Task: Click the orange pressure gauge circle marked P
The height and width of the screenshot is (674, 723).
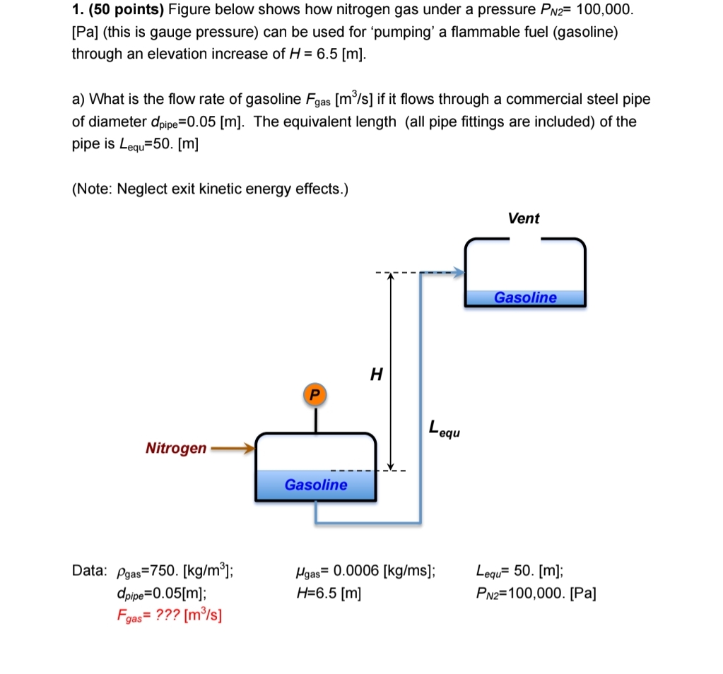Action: point(315,394)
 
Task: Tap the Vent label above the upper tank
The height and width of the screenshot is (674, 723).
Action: point(523,218)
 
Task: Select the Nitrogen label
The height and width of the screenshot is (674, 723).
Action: point(176,448)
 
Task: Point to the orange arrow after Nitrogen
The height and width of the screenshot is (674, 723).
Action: point(232,447)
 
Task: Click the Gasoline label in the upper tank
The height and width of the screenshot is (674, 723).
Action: point(525,297)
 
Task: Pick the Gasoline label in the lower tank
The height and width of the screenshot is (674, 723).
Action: point(316,485)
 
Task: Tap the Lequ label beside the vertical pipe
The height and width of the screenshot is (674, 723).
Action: point(444,428)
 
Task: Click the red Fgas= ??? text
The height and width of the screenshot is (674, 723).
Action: point(169,613)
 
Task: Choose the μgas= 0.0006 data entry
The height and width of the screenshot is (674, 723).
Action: point(365,572)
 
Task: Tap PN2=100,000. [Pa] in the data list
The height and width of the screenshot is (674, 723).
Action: point(536,593)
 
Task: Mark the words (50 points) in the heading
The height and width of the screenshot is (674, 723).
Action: point(125,10)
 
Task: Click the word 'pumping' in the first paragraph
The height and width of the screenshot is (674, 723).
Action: point(401,32)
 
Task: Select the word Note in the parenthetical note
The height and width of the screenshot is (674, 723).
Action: point(95,189)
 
